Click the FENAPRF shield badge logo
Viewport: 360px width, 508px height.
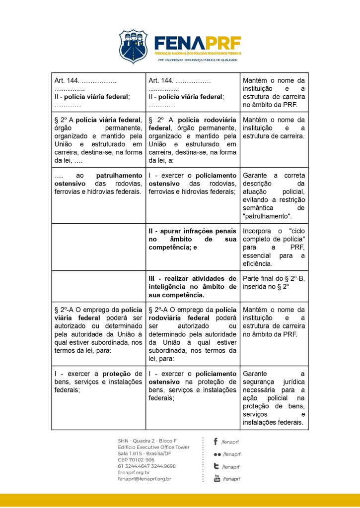tap(133, 46)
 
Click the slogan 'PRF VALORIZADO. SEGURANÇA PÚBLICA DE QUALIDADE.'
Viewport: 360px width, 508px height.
tap(198, 60)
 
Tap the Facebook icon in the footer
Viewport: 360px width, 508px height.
tap(216, 441)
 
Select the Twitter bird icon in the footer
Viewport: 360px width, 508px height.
tap(216, 466)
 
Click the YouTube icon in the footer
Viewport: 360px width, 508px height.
tap(216, 478)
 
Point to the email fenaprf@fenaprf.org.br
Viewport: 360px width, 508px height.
tap(144, 479)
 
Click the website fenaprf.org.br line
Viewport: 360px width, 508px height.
tap(134, 472)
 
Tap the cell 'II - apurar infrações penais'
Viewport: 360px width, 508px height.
tap(193, 239)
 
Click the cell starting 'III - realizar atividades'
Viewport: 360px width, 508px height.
tap(193, 286)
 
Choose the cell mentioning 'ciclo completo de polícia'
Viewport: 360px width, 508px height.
tap(274, 247)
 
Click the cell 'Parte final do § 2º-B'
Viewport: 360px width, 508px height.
tap(274, 282)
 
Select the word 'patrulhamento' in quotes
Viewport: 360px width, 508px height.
tap(267, 216)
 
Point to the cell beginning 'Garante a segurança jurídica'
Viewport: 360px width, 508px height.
tap(274, 398)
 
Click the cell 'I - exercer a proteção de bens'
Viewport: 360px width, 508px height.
tap(98, 381)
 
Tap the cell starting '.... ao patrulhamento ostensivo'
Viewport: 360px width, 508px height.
tap(98, 184)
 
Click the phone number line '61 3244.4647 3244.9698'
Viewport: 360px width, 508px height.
tap(146, 466)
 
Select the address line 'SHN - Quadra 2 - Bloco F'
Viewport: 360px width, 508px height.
tap(147, 441)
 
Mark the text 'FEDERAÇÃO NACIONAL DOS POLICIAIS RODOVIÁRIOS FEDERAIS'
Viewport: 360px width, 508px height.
tap(198, 53)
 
